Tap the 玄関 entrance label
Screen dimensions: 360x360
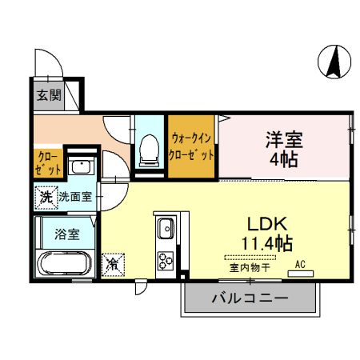tap(48, 94)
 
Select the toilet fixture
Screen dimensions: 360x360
tap(150, 149)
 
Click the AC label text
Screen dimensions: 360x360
tap(301, 264)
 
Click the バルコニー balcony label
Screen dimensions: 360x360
tap(249, 300)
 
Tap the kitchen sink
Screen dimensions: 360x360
tap(166, 228)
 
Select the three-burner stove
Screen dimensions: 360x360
tap(166, 261)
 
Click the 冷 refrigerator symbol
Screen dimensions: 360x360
tap(114, 262)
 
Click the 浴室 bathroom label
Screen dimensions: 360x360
tap(67, 234)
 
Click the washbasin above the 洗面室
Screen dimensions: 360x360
tap(80, 167)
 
